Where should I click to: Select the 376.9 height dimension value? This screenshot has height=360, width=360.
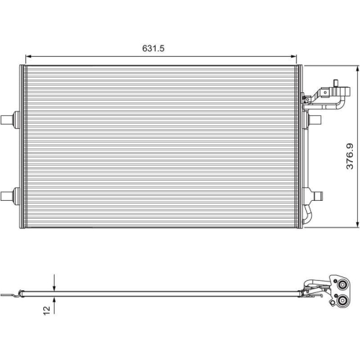348,156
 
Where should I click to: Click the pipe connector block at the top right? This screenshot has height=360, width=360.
328,94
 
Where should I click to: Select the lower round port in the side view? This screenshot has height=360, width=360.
340,302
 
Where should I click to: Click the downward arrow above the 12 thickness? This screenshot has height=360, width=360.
54,284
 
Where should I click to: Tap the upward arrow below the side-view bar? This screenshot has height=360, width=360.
54,302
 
